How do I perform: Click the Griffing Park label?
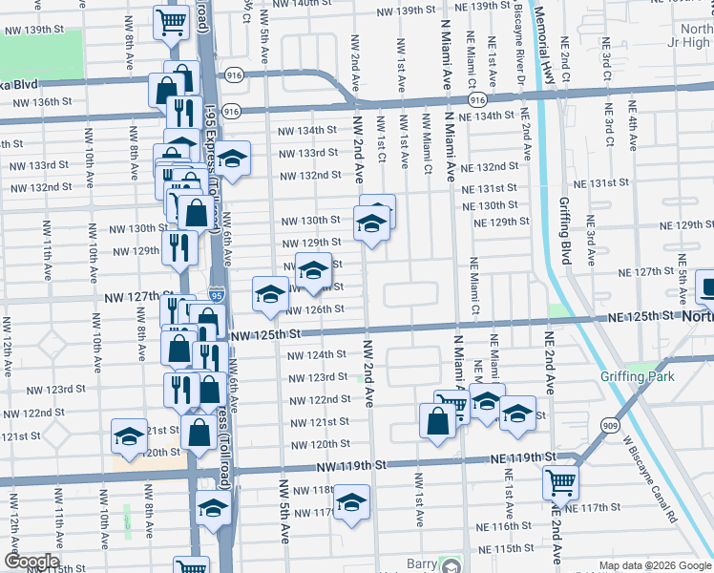[637, 376]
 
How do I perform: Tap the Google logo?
[31, 562]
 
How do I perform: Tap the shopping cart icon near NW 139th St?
[170, 22]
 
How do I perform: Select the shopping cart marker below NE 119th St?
[561, 483]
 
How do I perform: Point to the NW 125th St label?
[266, 333]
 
